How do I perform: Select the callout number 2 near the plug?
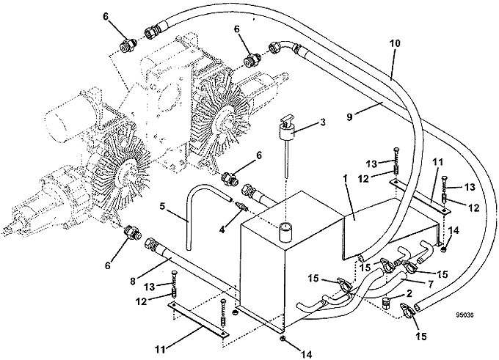[409, 293]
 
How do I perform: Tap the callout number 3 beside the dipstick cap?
[323, 122]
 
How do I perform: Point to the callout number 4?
[222, 229]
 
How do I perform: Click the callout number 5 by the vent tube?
[162, 207]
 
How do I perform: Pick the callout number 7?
[430, 284]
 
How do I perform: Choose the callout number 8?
[133, 281]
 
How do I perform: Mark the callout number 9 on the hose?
[349, 117]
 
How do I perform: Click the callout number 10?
[395, 43]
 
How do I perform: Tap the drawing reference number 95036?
[465, 315]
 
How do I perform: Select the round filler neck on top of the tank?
[285, 232]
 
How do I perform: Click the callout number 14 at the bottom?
[307, 353]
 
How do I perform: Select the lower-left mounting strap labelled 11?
[199, 319]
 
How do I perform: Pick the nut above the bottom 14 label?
[283, 338]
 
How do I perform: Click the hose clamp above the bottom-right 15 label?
[407, 309]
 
